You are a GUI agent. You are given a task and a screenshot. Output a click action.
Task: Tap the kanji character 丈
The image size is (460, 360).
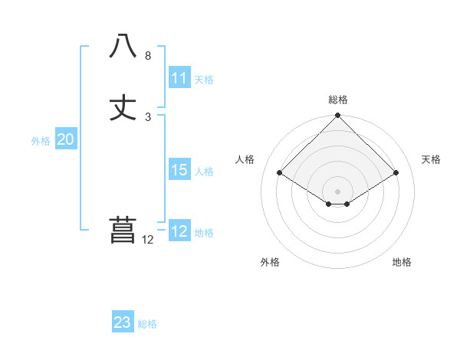point(123,107)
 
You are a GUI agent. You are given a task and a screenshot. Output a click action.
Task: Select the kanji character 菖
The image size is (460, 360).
point(123,231)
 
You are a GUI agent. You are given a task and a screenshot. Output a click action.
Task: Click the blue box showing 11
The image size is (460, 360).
point(179,78)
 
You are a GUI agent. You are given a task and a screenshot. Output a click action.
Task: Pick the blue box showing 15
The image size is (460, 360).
point(179,170)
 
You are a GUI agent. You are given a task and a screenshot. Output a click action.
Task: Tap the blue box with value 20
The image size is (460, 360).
point(66,139)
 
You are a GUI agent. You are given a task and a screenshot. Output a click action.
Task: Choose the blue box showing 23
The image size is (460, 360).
point(123,322)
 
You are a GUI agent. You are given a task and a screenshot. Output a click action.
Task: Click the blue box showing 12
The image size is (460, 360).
point(179,231)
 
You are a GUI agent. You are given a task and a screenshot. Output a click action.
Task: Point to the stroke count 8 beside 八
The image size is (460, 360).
point(148,56)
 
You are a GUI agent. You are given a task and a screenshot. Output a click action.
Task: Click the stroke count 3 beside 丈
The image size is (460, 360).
point(148,117)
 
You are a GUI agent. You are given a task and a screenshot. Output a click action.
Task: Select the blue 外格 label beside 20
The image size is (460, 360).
point(41,141)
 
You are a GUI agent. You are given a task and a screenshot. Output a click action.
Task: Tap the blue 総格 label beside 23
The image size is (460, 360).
point(147,324)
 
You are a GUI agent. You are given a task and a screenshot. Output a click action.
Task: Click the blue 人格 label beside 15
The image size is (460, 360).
point(204,172)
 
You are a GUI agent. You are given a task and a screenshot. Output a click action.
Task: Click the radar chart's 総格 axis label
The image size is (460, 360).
point(338,100)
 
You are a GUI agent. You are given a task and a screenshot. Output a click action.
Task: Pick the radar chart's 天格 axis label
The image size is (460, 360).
point(432,159)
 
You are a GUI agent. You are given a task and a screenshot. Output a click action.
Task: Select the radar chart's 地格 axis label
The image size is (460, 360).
point(402,263)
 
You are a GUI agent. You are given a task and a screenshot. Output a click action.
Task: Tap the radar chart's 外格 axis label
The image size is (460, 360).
point(270,263)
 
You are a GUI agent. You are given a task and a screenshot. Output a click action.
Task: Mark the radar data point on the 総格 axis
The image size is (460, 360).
point(338,116)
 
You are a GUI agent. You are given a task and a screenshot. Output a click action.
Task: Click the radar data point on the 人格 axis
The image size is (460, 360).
point(280,173)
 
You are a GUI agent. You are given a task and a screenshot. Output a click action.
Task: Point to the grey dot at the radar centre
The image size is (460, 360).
point(338,191)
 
